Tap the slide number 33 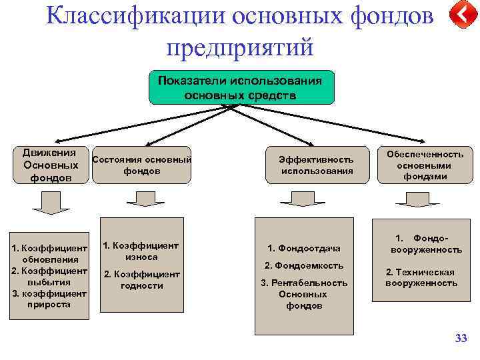pyautogui.click(x=461, y=339)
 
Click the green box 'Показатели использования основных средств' pyautogui.click(x=240, y=87)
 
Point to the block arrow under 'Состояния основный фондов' pyautogui.click(x=141, y=199)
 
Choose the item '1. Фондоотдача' pyautogui.click(x=304, y=249)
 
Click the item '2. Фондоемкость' pyautogui.click(x=304, y=265)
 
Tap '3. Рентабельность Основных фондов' pyautogui.click(x=304, y=294)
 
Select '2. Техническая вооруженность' pyautogui.click(x=421, y=277)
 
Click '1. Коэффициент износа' pyautogui.click(x=141, y=251)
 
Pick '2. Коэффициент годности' pyautogui.click(x=141, y=280)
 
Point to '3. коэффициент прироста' pyautogui.click(x=50, y=299)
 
